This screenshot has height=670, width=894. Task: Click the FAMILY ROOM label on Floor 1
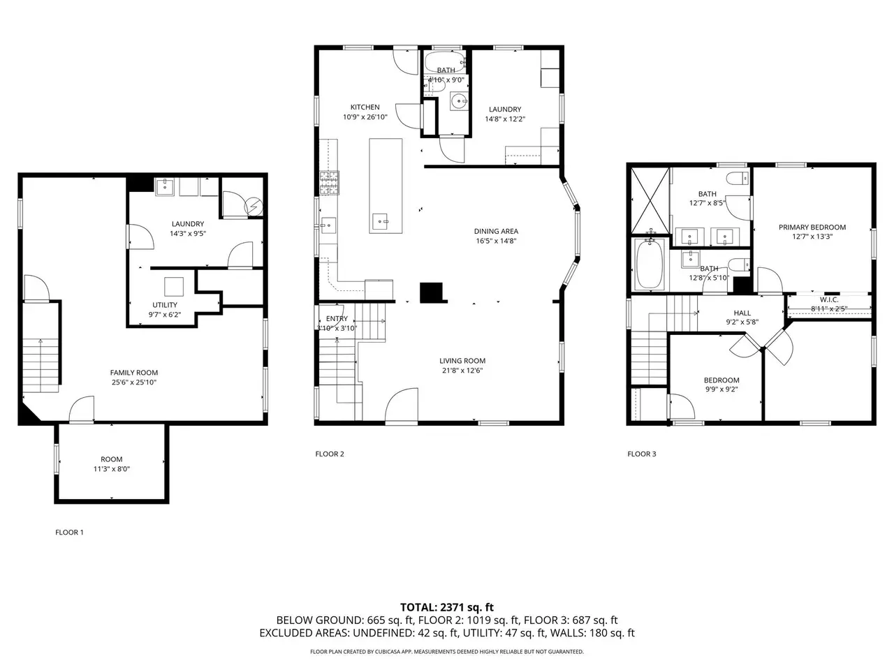point(133,372)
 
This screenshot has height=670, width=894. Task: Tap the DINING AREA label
point(496,231)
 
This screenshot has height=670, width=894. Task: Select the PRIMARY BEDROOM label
point(812,227)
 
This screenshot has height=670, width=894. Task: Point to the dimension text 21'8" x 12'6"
point(462,370)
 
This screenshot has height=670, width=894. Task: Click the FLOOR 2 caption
point(330,454)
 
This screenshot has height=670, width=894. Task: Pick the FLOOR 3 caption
point(641,454)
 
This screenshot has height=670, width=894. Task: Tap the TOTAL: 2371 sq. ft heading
point(447,607)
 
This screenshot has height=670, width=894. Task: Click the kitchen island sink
point(380,221)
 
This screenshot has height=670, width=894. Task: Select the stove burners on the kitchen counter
point(329,183)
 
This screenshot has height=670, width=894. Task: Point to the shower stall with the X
point(650,201)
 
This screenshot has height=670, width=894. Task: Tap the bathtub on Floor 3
point(649,264)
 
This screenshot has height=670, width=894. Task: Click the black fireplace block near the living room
point(432,293)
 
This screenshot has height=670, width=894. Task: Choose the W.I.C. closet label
point(829,299)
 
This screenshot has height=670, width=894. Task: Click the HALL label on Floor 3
point(742,313)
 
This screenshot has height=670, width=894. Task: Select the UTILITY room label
point(165,305)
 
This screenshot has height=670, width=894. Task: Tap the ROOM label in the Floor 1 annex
point(111,459)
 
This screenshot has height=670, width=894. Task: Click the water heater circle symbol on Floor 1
point(254,207)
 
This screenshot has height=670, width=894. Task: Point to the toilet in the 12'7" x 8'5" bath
point(738,178)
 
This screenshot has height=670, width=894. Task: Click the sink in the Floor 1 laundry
point(165,187)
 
